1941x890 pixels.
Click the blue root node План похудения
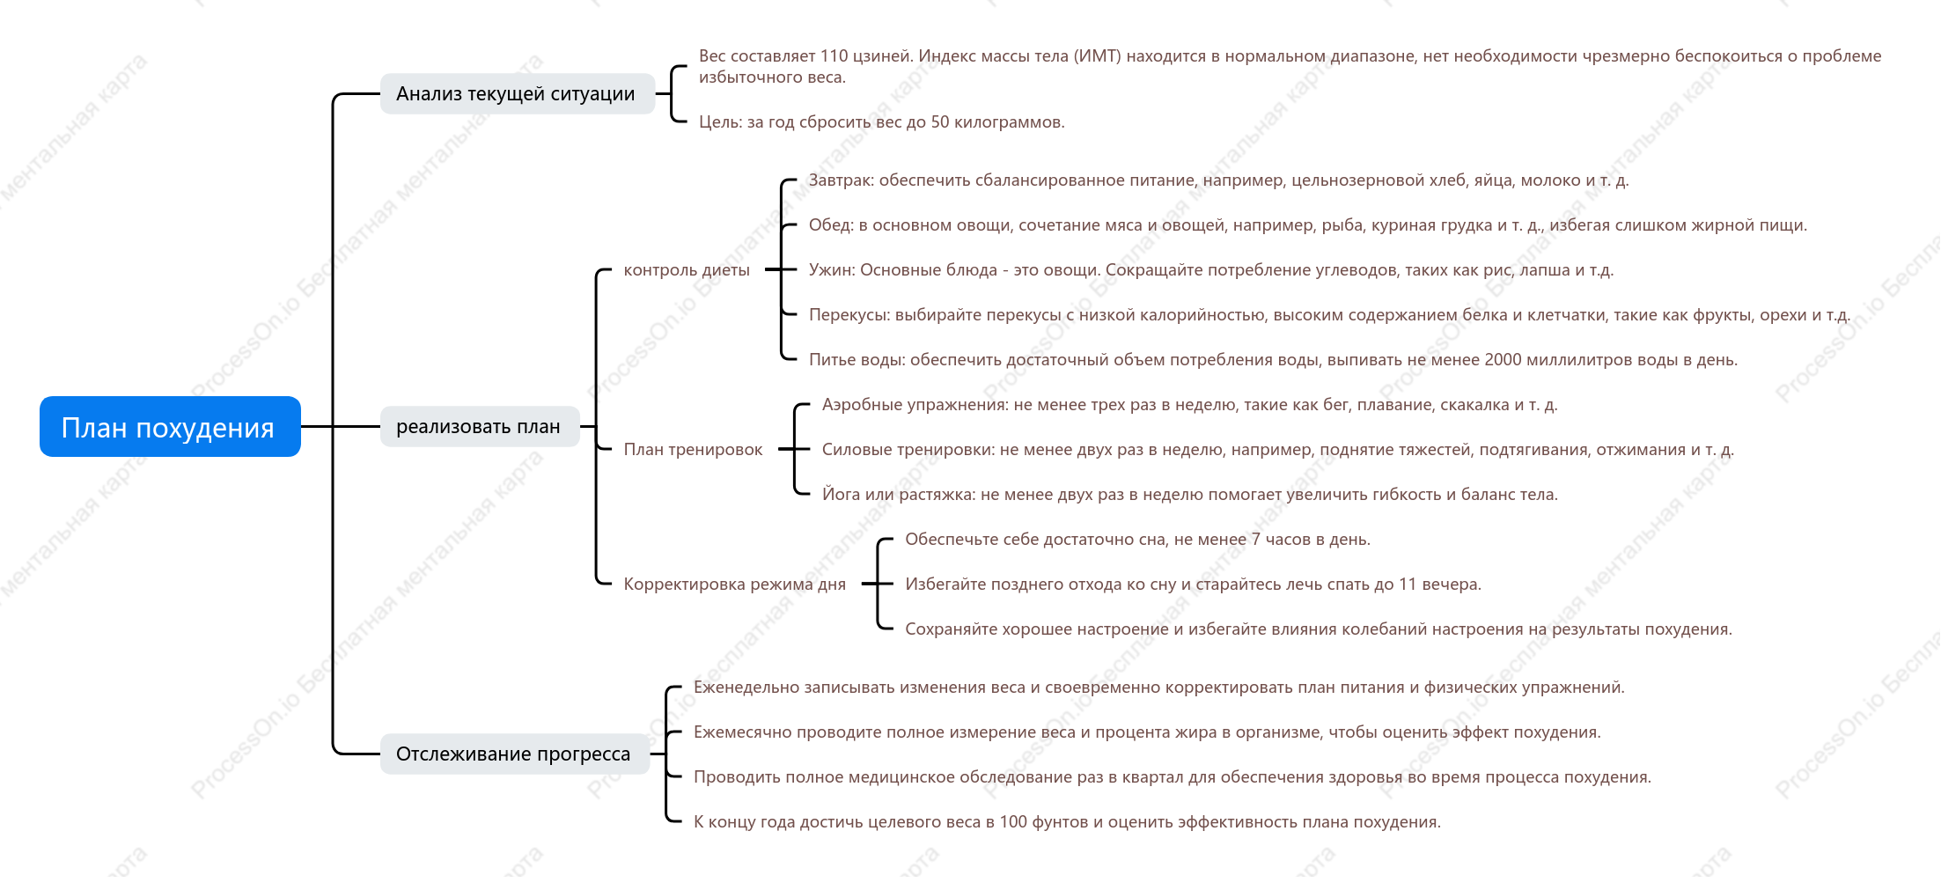(170, 427)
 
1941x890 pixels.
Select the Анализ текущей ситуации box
(518, 93)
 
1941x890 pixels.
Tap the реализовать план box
(480, 426)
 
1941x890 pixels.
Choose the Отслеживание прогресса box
(515, 754)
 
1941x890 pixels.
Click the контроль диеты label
(687, 269)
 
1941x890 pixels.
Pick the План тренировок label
(694, 449)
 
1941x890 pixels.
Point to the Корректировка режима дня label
(735, 584)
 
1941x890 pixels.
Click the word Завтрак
(841, 180)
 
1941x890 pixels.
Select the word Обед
(830, 225)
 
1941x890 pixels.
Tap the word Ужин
(831, 270)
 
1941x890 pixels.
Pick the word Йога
(841, 494)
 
